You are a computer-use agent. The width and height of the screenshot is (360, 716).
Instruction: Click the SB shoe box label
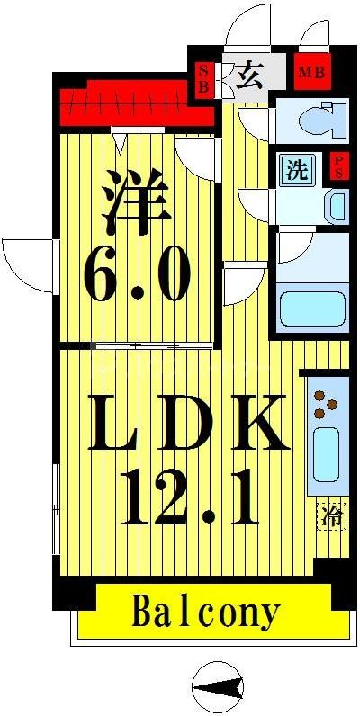pos(202,77)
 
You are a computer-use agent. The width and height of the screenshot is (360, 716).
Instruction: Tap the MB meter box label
pos(311,72)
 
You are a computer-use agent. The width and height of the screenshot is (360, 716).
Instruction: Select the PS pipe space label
pos(338,167)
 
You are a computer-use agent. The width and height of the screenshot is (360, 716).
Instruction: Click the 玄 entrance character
pos(249,75)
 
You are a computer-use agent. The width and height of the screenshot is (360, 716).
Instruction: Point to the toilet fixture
pos(316,120)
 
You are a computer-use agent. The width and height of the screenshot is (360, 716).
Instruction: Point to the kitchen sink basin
pos(326,453)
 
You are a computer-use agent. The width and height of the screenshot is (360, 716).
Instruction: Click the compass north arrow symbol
pos(219,688)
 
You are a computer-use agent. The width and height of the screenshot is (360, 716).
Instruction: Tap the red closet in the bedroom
pos(135,104)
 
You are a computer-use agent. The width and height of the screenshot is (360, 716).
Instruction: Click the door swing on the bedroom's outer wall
pos(29,264)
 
